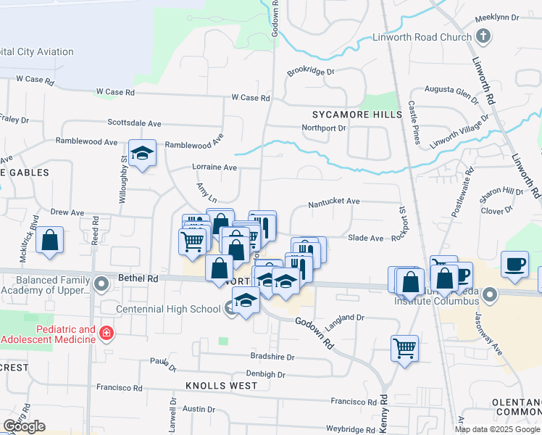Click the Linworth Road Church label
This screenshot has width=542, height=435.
click(x=421, y=37)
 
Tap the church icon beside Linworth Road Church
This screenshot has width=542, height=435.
click(x=483, y=36)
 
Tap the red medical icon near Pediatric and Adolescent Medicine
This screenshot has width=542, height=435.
click(x=107, y=333)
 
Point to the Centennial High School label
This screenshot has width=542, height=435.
click(x=170, y=310)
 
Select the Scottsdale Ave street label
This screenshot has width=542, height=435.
click(x=134, y=123)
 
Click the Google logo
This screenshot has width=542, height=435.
click(x=24, y=426)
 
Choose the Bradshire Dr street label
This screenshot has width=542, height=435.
click(x=272, y=357)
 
